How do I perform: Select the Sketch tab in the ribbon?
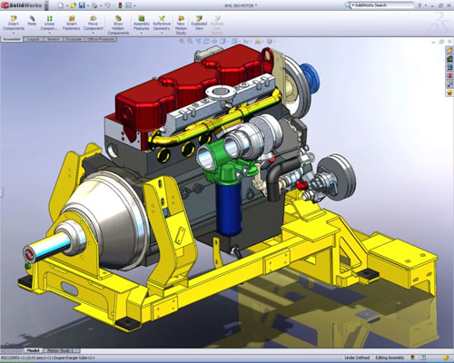53,41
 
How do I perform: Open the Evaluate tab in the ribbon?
74,41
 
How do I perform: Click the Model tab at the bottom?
33,350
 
